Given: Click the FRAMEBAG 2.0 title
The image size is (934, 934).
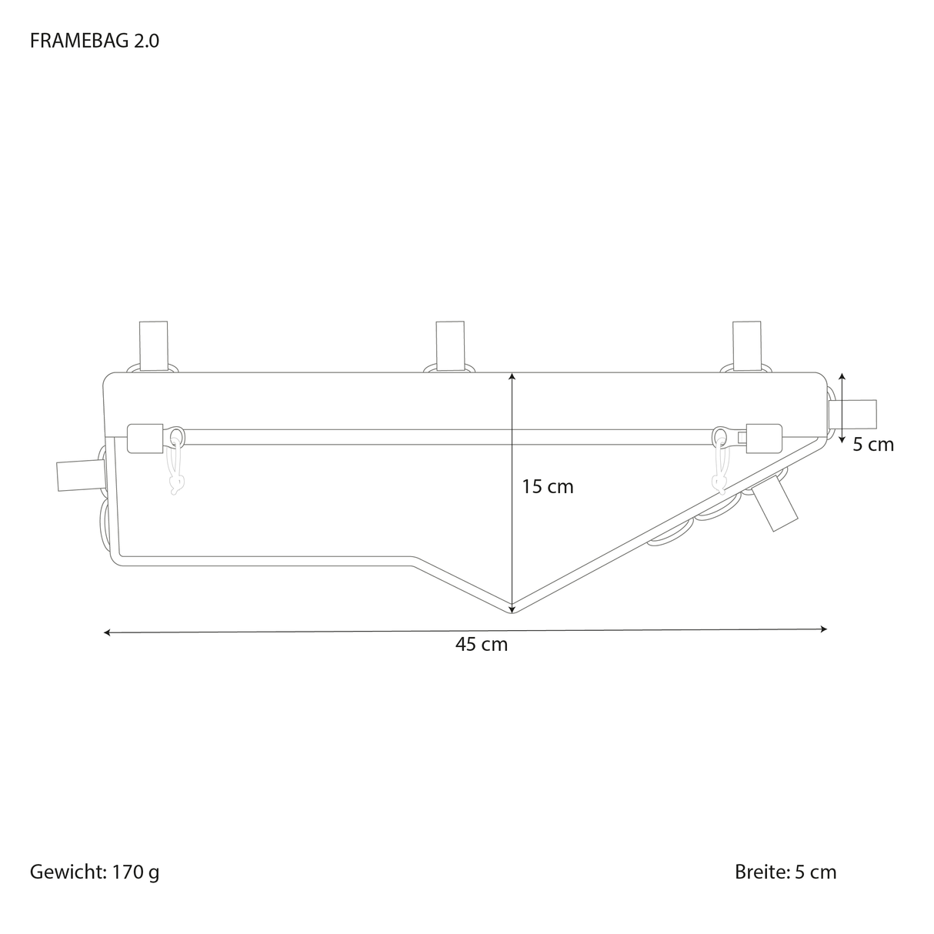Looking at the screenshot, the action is click(x=95, y=42).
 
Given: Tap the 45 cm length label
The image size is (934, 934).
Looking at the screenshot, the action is click(x=482, y=645).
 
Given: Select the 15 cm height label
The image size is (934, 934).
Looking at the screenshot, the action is click(x=547, y=487).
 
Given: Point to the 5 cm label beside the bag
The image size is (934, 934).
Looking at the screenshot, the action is click(x=873, y=445).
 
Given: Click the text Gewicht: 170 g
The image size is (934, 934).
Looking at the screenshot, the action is click(x=95, y=872).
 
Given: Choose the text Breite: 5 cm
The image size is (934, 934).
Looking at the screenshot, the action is click(x=786, y=872).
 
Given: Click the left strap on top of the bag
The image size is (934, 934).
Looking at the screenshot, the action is click(x=154, y=346).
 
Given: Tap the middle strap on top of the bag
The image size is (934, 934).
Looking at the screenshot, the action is click(x=450, y=346).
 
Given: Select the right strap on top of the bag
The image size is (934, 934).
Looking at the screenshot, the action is click(x=747, y=346).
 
